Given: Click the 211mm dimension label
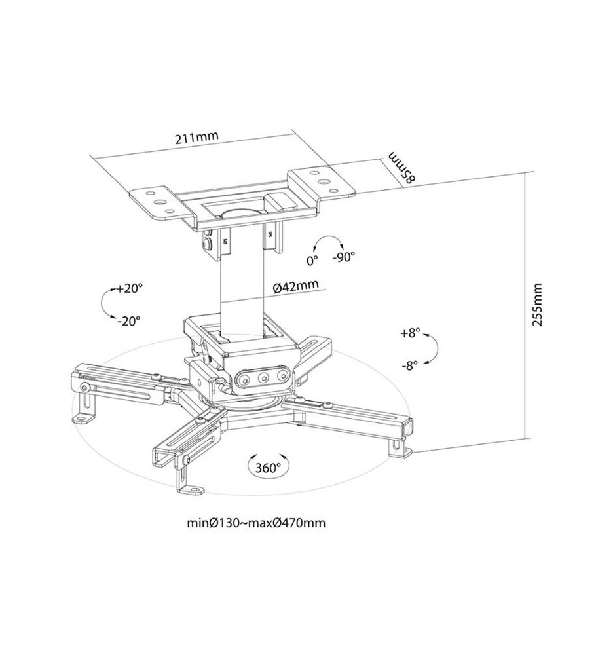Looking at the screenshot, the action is pyautogui.click(x=196, y=138).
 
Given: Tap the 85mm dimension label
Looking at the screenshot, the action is pyautogui.click(x=403, y=167).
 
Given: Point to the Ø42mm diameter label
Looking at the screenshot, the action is pyautogui.click(x=295, y=287).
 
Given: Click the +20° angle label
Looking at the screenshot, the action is pyautogui.click(x=130, y=288).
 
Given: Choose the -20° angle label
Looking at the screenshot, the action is pyautogui.click(x=128, y=321).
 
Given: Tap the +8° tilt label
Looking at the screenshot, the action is pyautogui.click(x=410, y=333).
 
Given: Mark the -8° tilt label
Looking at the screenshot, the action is pyautogui.click(x=410, y=365).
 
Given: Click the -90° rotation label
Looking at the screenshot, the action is pyautogui.click(x=344, y=257).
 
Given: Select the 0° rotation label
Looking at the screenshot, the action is pyautogui.click(x=312, y=261).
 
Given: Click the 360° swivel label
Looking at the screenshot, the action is pyautogui.click(x=269, y=468).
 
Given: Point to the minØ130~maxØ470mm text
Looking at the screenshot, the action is pyautogui.click(x=255, y=523).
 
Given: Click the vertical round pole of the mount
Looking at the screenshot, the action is pyautogui.click(x=242, y=288).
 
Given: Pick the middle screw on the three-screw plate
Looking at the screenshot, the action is pyautogui.click(x=263, y=378).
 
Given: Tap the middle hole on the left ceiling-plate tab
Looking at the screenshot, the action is pyautogui.click(x=159, y=202).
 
